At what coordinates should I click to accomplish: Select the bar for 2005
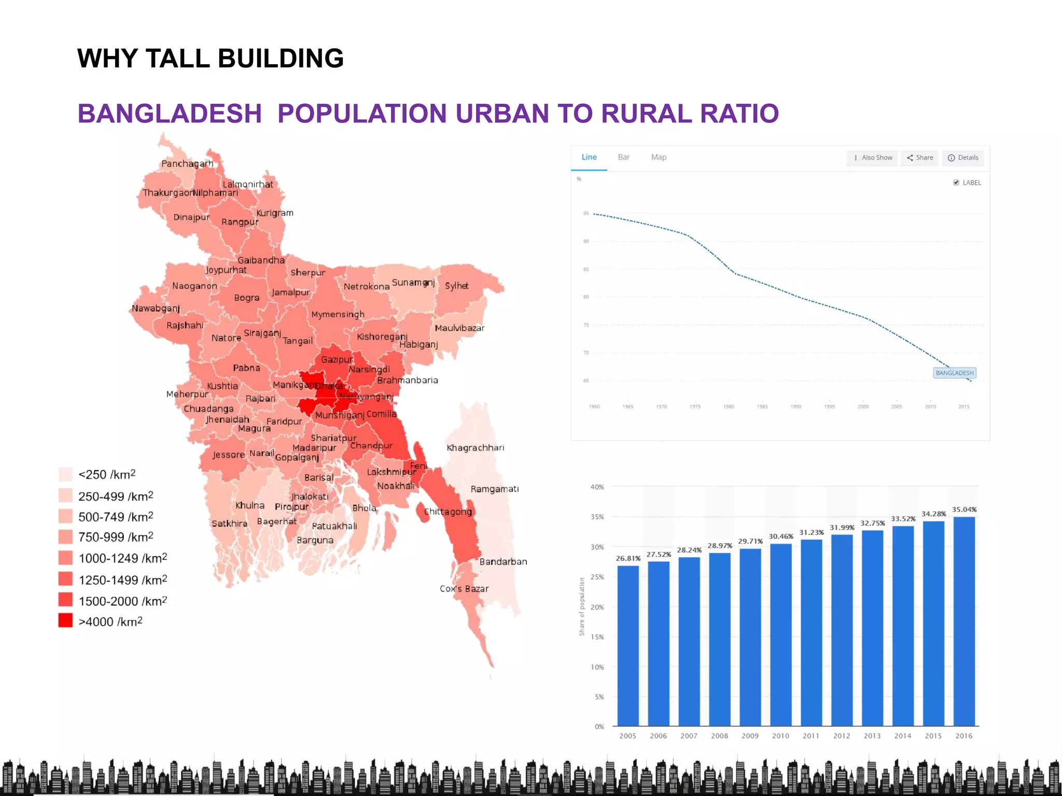coord(628,645)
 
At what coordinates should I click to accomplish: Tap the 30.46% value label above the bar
coord(781,536)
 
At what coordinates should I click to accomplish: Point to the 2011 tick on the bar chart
coord(811,736)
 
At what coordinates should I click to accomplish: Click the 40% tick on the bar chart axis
coord(597,487)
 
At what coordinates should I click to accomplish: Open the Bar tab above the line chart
coord(624,157)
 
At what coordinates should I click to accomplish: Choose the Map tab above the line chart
coord(659,157)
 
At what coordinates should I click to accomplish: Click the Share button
coord(920,158)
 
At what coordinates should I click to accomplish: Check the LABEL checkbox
coord(956,182)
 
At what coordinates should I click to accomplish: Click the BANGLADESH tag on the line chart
coord(955,373)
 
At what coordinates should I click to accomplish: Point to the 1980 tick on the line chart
coord(729,407)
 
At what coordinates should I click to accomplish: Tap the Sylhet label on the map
coord(456,286)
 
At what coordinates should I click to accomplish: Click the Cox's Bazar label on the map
coord(464,589)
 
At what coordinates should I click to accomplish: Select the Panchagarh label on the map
coord(187,164)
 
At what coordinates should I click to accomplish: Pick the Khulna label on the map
coord(250,505)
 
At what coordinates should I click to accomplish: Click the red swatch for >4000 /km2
coord(65,620)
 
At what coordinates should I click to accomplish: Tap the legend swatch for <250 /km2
coord(65,474)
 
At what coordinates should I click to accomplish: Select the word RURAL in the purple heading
coord(646,113)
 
